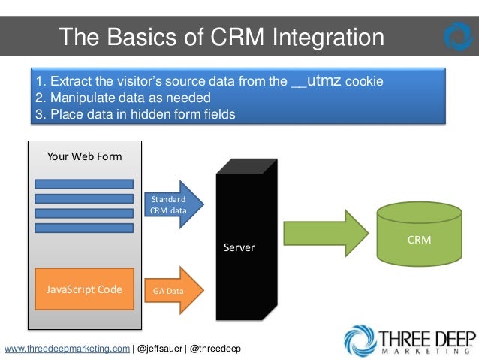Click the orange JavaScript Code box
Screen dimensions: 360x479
click(85, 289)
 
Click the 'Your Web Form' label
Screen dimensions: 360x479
click(84, 156)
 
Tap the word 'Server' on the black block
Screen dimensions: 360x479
click(239, 247)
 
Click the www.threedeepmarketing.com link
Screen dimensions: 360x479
click(67, 349)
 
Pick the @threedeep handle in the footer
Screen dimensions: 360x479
click(215, 349)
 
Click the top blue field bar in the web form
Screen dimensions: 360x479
click(84, 184)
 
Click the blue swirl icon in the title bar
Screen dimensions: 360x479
click(458, 36)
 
